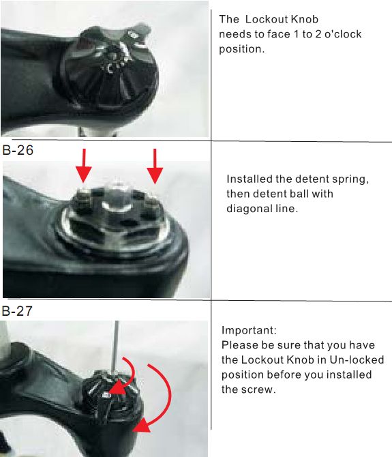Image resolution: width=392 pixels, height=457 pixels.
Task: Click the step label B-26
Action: [18, 150]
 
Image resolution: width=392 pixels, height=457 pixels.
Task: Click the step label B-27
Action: [17, 311]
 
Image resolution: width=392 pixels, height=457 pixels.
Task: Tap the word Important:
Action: [249, 330]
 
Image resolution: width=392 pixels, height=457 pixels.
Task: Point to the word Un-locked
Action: [357, 359]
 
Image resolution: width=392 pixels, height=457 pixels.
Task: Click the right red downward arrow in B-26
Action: [155, 166]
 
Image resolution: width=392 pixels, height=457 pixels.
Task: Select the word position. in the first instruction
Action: [242, 50]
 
